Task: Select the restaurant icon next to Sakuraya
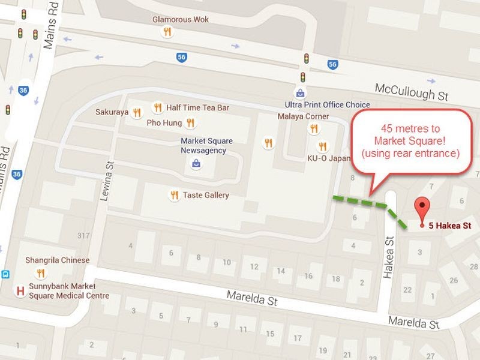coord(137,112)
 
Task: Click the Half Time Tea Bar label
coord(197,107)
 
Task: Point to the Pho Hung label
coord(164,123)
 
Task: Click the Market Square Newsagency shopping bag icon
coord(196,163)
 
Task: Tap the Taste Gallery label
coord(206,195)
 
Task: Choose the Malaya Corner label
coord(303,116)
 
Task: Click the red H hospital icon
coord(21,291)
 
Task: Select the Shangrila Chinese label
coord(57,260)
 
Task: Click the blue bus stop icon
coord(5,274)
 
